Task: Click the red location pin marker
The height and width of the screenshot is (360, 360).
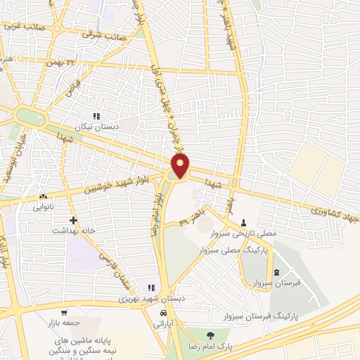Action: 181,166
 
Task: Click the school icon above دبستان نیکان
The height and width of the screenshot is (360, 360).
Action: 97,116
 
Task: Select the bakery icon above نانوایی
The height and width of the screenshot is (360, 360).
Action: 44,197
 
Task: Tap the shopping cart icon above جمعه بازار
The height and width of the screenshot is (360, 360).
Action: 65,313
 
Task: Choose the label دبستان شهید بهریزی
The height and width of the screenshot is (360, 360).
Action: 150,298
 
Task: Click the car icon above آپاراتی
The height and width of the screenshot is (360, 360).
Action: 163,313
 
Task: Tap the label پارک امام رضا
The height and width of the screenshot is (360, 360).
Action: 210,346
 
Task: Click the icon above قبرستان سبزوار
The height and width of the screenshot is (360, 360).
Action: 275,272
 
